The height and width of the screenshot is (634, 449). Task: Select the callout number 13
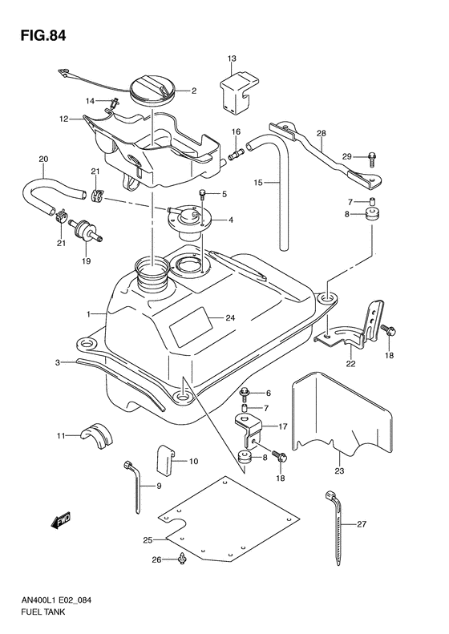[x=232, y=59]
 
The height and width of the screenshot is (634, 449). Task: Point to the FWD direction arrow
[x=61, y=522]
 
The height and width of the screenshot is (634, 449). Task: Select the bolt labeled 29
[x=353, y=156]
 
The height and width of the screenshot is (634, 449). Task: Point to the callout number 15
[x=258, y=183]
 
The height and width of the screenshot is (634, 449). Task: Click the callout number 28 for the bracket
[x=321, y=133]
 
